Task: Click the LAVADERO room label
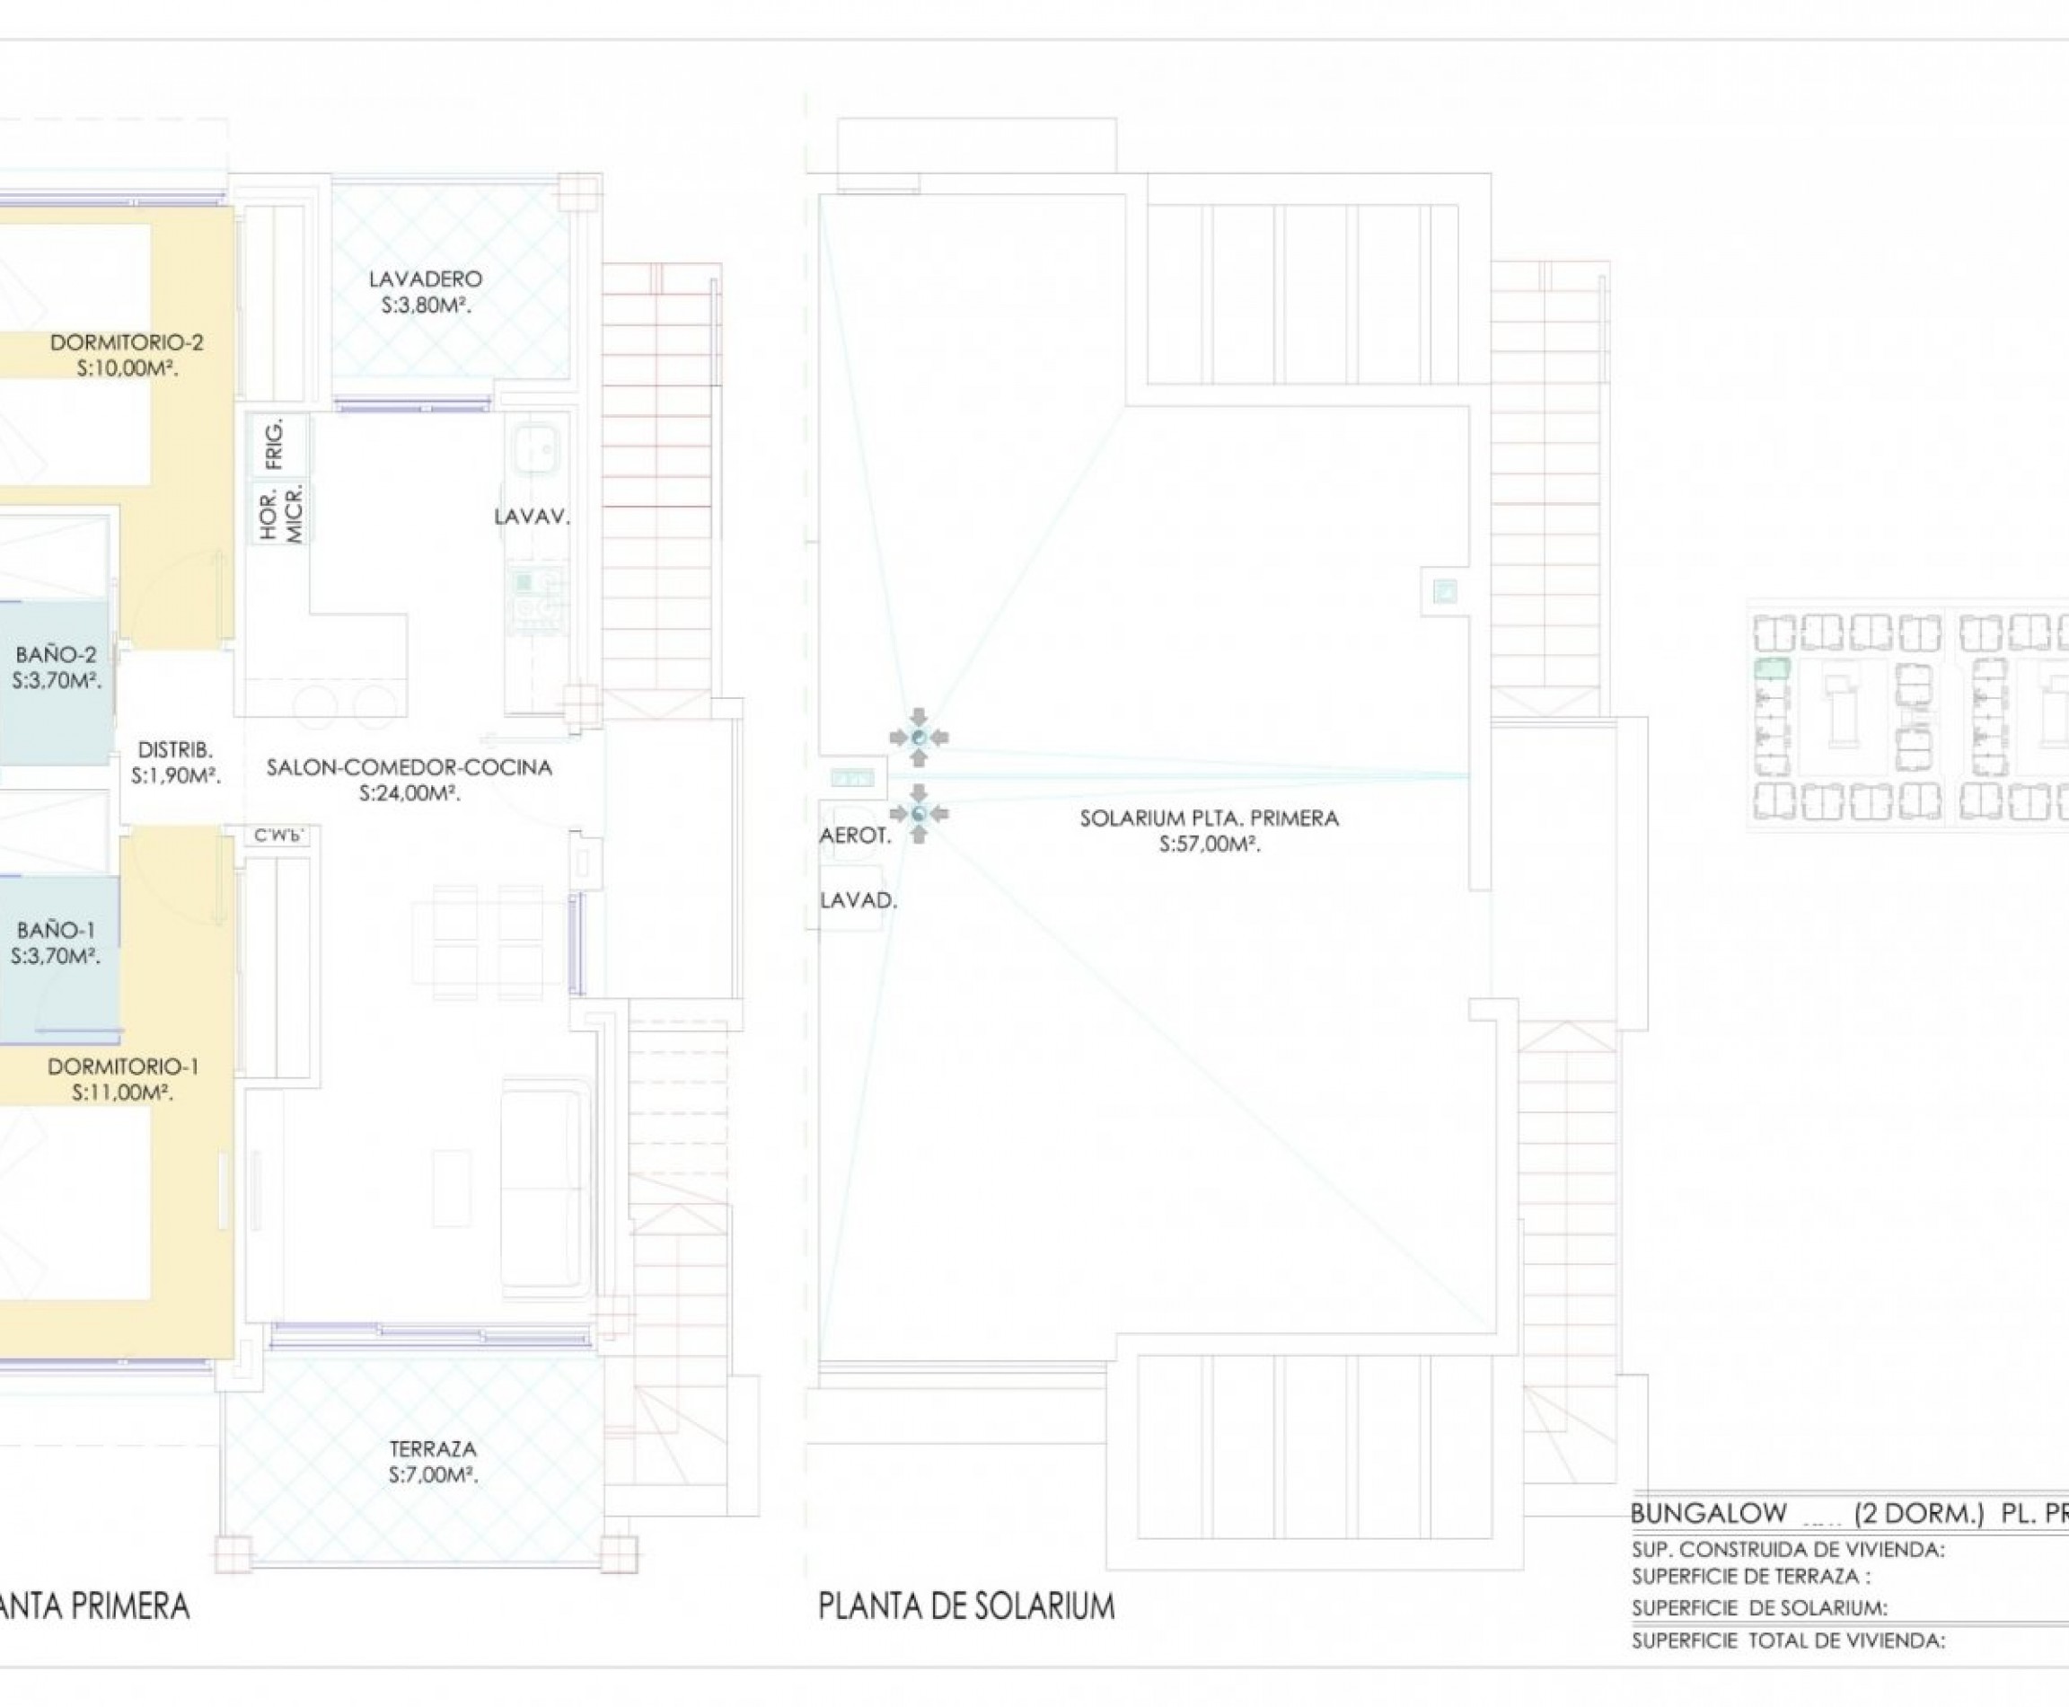pyautogui.click(x=426, y=279)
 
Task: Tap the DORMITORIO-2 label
pyautogui.click(x=127, y=342)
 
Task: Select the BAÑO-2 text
pyautogui.click(x=56, y=655)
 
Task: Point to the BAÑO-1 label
pyautogui.click(x=56, y=929)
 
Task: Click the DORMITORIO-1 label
pyautogui.click(x=123, y=1067)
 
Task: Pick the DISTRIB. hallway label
pyautogui.click(x=175, y=750)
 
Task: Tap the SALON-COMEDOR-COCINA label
pyautogui.click(x=409, y=768)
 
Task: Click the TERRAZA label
pyautogui.click(x=433, y=1448)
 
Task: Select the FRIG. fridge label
pyautogui.click(x=275, y=444)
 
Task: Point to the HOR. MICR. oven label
pyautogui.click(x=281, y=512)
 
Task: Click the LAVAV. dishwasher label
pyautogui.click(x=532, y=517)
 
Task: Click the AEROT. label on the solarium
pyautogui.click(x=855, y=836)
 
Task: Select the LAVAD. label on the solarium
pyautogui.click(x=858, y=899)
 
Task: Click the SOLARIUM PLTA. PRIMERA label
pyautogui.click(x=1209, y=818)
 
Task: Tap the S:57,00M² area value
pyautogui.click(x=1209, y=844)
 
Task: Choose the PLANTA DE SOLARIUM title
pyautogui.click(x=966, y=1605)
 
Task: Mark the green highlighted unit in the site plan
pyautogui.click(x=1771, y=669)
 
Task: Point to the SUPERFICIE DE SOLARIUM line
pyautogui.click(x=1759, y=1609)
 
